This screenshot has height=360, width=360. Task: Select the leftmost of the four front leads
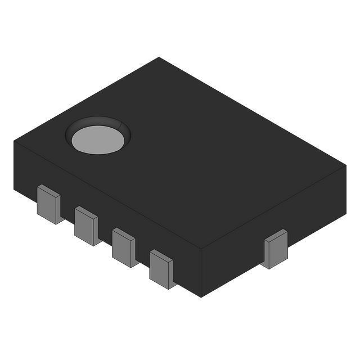coord(48,204)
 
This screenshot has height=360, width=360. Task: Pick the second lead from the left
coord(86,225)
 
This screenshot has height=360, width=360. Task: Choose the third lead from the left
coord(123,246)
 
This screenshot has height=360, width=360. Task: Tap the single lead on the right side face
coord(276,249)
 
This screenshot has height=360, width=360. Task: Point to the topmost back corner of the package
coord(159,57)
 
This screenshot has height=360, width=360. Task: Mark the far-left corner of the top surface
coord(14,141)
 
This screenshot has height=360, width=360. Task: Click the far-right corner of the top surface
coord(346,165)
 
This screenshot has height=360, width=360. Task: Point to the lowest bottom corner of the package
coord(201,296)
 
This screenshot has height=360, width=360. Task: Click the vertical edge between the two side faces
coord(201,273)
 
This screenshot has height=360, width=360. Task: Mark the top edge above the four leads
coord(107,195)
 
